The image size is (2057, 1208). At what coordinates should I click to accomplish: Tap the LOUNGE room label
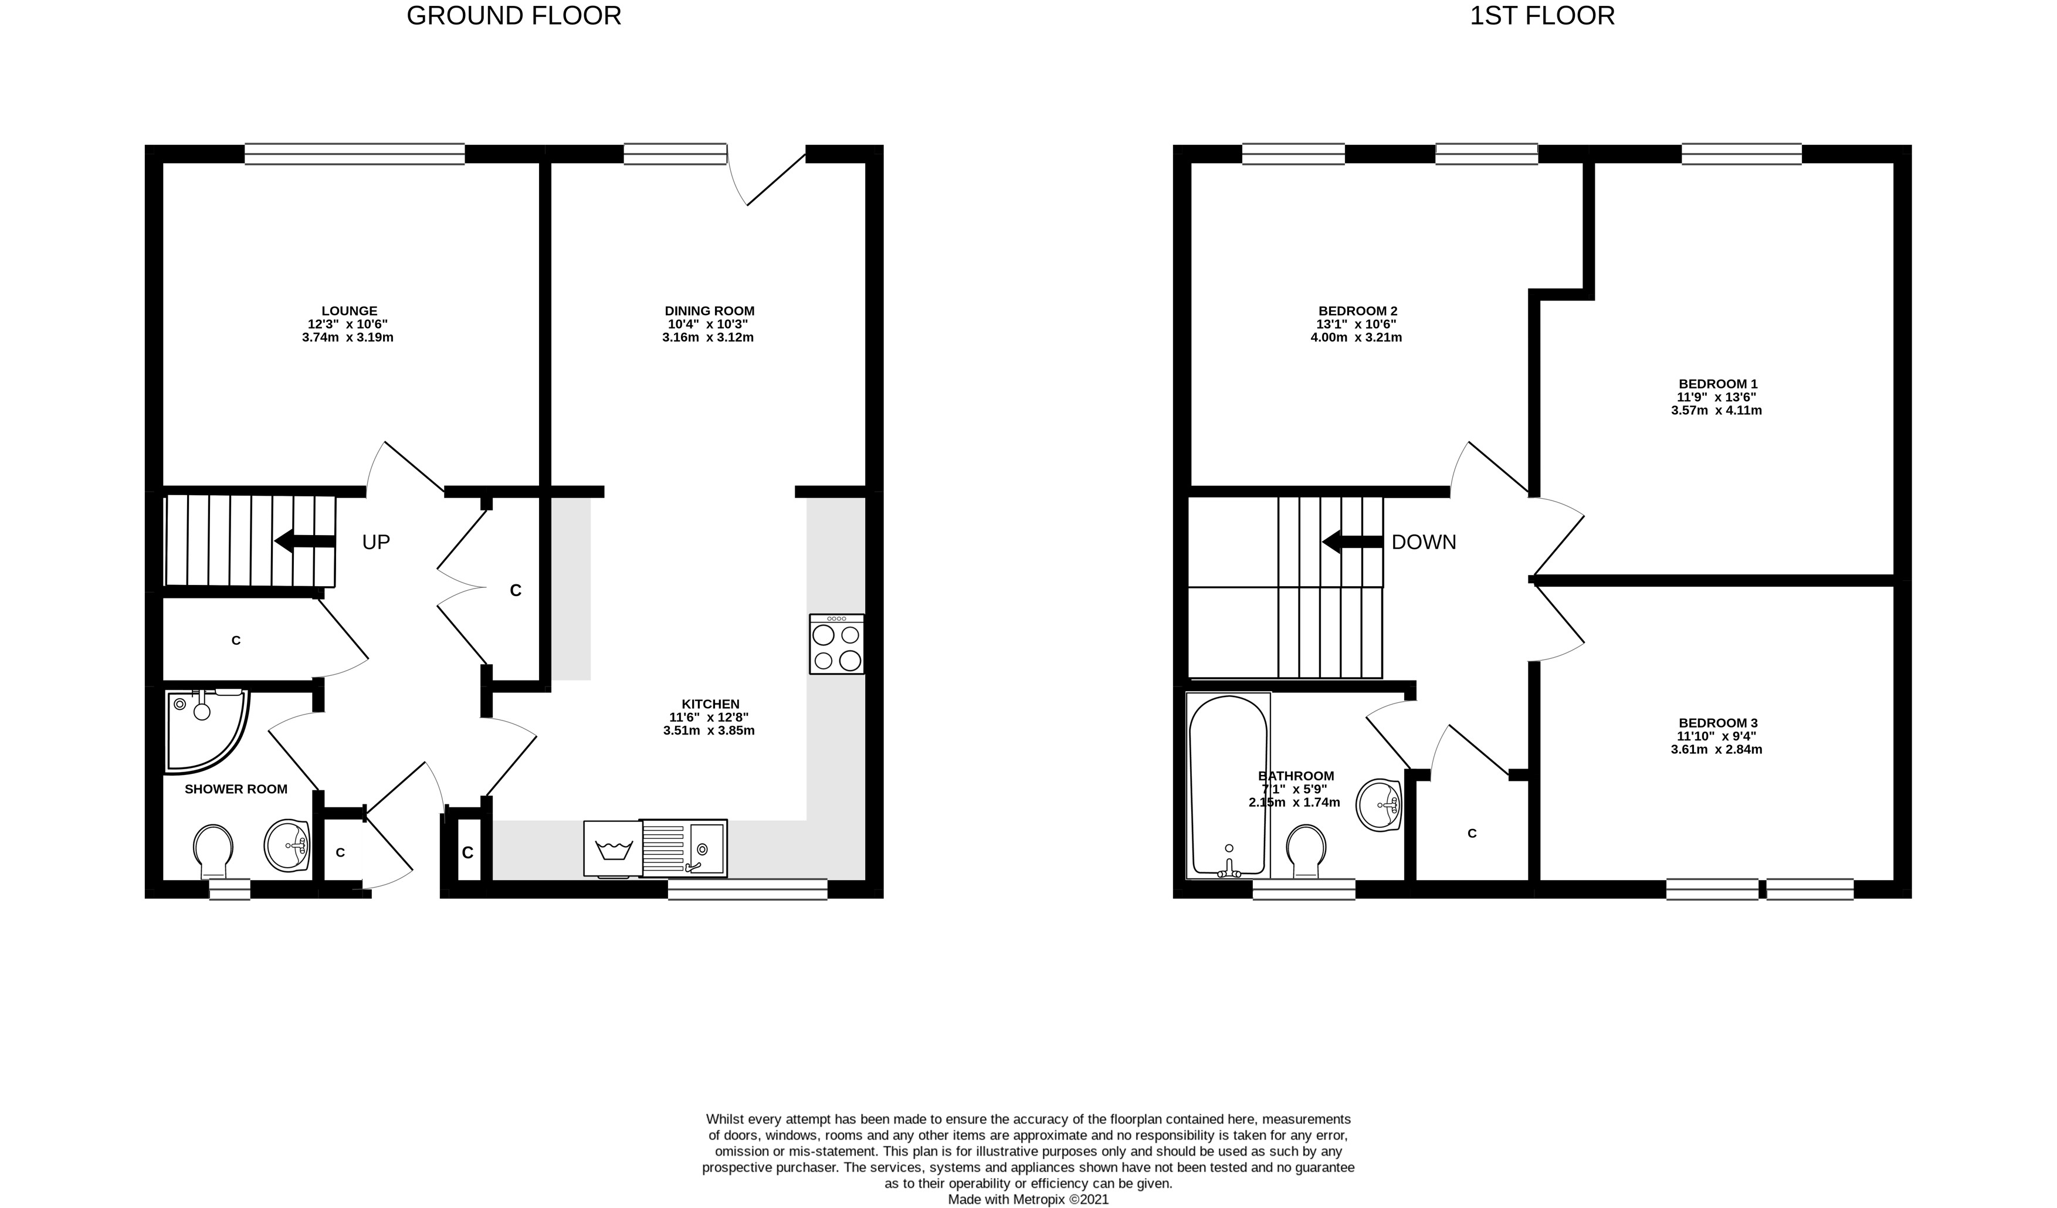click(350, 311)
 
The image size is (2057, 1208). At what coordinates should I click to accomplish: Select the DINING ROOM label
click(709, 311)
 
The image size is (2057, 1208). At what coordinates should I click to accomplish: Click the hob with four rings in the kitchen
click(836, 644)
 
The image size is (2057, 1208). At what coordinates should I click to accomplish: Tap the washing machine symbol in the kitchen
click(613, 850)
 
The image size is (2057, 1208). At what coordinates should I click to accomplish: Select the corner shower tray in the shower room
click(206, 730)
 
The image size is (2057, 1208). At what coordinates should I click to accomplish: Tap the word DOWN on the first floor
click(1424, 542)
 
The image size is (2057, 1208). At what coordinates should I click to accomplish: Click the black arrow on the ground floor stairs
click(305, 541)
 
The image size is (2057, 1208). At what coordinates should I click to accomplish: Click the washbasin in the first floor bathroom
click(1379, 806)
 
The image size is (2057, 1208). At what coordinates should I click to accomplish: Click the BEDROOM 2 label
click(1357, 311)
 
